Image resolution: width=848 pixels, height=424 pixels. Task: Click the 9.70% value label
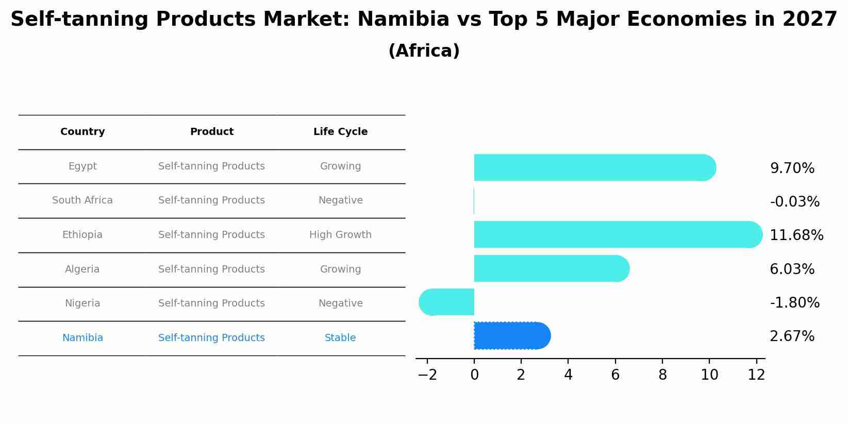792,168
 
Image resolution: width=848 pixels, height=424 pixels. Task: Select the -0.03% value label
794,202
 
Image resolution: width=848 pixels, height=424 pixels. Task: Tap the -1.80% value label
794,303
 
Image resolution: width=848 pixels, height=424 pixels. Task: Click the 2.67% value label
792,336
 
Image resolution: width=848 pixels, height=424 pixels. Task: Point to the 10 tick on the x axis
709,375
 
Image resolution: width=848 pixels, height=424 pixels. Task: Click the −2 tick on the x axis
427,375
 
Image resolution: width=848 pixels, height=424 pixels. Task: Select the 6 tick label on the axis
615,375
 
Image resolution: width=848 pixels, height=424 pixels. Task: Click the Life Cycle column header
340,132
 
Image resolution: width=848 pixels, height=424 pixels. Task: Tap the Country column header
82,132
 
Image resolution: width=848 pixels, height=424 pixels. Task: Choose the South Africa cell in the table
82,200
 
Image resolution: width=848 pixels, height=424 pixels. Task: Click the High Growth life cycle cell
340,235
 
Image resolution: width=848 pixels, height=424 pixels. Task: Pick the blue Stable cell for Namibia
340,338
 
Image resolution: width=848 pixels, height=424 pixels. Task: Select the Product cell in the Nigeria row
211,303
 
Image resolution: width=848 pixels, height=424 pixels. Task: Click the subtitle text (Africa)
424,51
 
